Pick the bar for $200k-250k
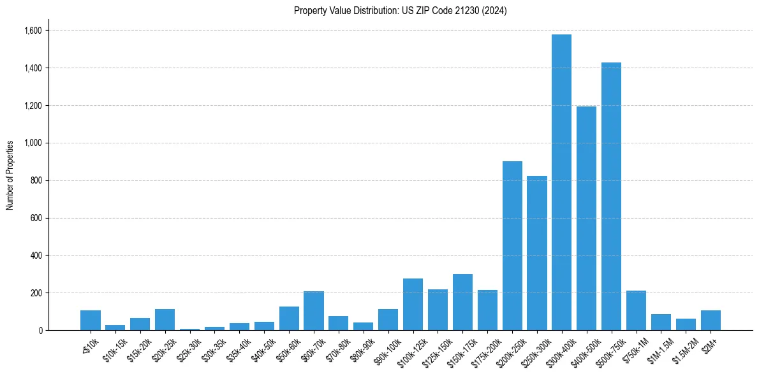(512, 245)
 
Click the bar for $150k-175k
(462, 302)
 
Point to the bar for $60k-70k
(314, 310)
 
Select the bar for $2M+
(711, 320)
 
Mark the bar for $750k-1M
(636, 310)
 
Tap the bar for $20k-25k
(165, 319)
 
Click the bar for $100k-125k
(413, 304)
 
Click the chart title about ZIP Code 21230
(401, 11)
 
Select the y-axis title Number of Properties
(10, 175)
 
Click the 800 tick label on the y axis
(36, 180)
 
